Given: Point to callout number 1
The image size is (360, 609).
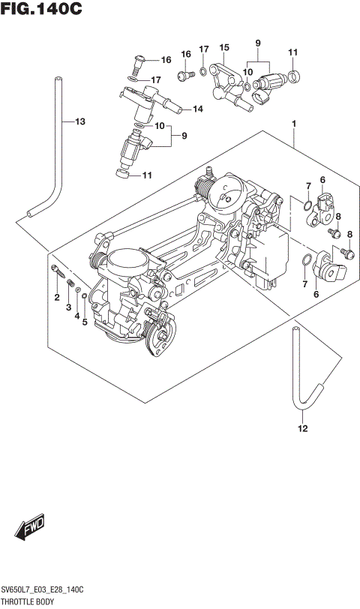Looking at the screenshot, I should point(295,123).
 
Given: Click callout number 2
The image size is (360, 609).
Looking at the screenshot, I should point(56,299).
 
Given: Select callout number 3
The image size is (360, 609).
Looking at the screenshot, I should point(67,307).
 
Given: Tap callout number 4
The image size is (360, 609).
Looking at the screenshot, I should point(76,316).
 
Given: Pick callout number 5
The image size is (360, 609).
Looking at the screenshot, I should point(85,323).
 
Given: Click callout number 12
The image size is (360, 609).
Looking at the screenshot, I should point(302,429).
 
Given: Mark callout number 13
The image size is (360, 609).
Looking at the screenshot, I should point(80,121).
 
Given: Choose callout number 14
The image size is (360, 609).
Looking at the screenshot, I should point(197,109).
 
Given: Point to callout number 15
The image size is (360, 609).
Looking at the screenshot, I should point(223,48).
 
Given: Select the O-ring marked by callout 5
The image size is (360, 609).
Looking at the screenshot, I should point(85,296).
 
